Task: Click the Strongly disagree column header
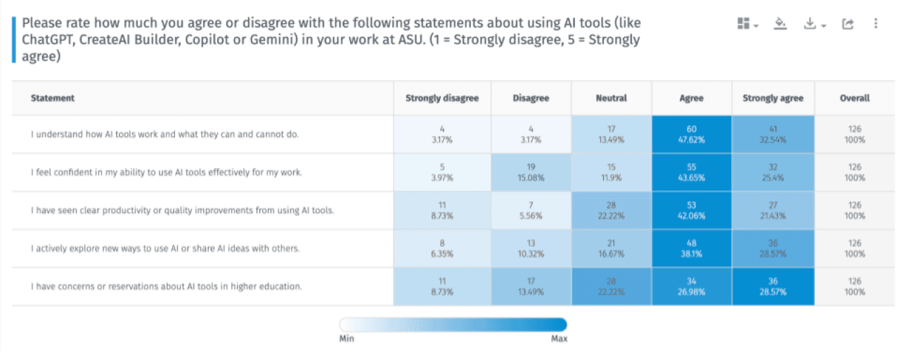tap(441, 98)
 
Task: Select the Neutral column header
tap(611, 98)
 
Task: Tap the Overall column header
tap(854, 98)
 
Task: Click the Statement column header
tap(53, 98)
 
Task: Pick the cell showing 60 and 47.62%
tap(691, 134)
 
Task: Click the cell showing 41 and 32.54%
tap(773, 134)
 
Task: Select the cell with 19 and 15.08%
tap(531, 172)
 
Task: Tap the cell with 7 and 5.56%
tap(531, 210)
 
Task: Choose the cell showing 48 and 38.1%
tap(691, 248)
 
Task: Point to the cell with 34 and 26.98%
tap(691, 286)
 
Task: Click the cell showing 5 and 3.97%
tap(441, 172)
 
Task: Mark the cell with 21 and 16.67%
tap(611, 248)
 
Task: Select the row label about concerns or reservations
tap(167, 286)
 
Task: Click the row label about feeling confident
tap(167, 172)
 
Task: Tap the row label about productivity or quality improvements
tap(182, 210)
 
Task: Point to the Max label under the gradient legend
tap(559, 339)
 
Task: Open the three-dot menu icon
tap(875, 24)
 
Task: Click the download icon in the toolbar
tap(811, 24)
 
